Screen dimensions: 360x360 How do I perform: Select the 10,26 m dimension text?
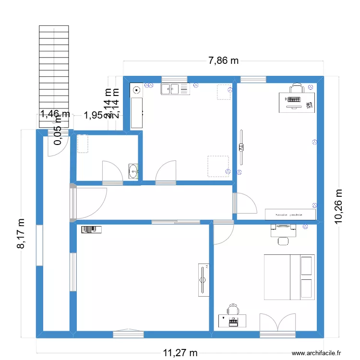(x=339, y=205)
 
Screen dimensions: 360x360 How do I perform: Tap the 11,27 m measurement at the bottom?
(x=180, y=353)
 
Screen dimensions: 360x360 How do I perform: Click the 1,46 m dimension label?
(x=55, y=114)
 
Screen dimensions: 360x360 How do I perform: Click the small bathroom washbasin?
(x=134, y=170)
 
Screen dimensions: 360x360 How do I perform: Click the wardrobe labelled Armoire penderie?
(x=290, y=215)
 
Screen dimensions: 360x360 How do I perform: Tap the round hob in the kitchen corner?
(x=137, y=89)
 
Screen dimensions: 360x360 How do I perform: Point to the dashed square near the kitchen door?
(x=217, y=166)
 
